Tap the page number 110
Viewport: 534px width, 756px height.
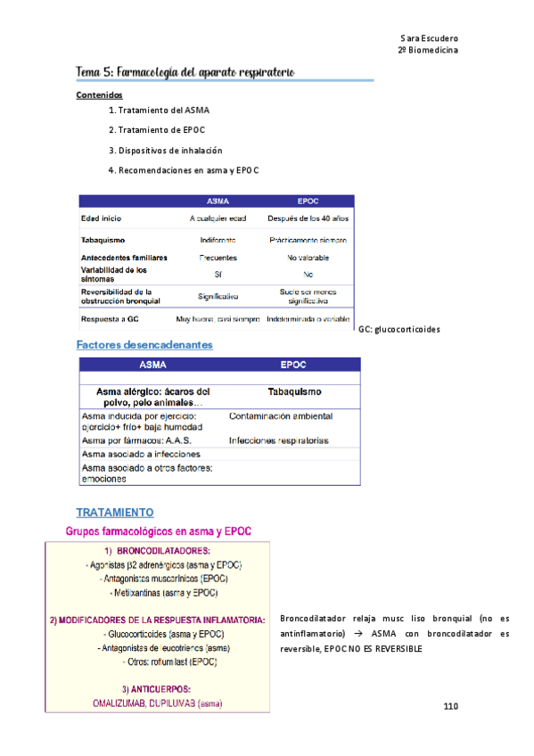pos(450,707)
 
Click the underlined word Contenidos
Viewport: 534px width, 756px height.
pos(100,94)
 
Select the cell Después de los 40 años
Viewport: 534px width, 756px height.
pos(307,218)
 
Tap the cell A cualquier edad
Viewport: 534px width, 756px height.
pos(218,218)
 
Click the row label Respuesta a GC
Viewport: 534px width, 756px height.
pos(110,318)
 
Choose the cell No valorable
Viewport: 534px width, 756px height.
pos(307,257)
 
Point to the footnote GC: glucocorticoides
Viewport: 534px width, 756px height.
pos(398,329)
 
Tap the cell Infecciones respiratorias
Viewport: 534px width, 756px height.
pos(278,440)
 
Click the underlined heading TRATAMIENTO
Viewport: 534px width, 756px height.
pos(115,513)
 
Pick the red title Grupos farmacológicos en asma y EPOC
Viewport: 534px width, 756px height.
pos(159,531)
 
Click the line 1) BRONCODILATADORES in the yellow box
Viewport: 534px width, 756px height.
pos(157,550)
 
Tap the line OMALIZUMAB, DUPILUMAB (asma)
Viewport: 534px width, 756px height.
pos(158,703)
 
